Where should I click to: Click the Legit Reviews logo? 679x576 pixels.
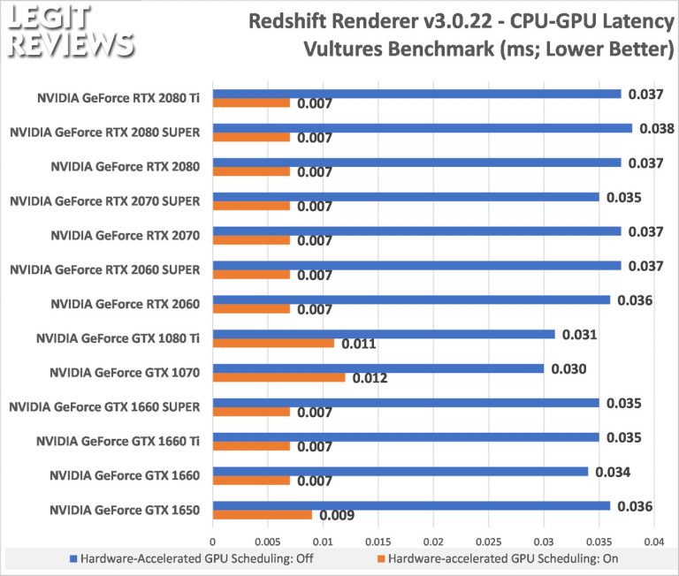tap(68, 31)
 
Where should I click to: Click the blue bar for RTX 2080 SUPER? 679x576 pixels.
tap(422, 127)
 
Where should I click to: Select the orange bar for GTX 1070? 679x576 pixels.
tap(278, 377)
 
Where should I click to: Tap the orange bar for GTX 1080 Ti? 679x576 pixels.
tap(273, 343)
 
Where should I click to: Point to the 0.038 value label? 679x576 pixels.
tap(658, 128)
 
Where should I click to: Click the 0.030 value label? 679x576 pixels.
tap(569, 368)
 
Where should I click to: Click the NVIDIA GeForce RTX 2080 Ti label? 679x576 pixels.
tap(125, 97)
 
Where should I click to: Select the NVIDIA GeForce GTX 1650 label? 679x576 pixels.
tap(125, 510)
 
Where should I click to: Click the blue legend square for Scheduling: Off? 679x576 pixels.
tap(73, 558)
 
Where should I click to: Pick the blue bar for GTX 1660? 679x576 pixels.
tap(400, 472)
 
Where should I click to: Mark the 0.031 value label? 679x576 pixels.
tap(580, 334)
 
